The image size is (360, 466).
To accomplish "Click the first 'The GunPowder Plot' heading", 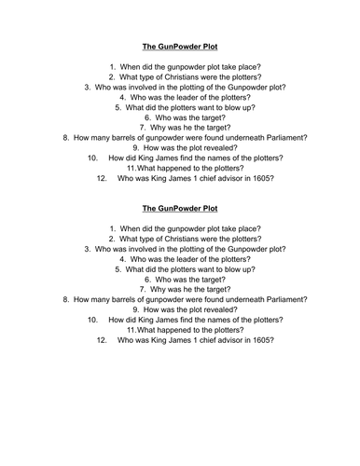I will (x=180, y=44).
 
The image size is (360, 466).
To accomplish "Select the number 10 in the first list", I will (x=92, y=158).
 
